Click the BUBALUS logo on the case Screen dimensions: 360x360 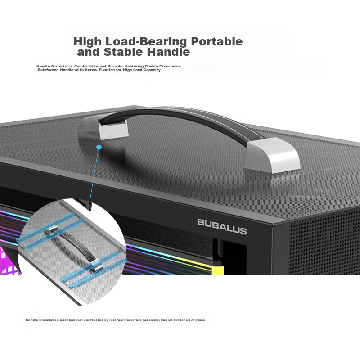(x=222, y=227)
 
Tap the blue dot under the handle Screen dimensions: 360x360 (x=99, y=147)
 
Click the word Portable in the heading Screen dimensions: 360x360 (x=217, y=41)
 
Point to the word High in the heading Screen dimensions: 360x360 (x=87, y=42)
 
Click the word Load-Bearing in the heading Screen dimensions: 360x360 (x=146, y=42)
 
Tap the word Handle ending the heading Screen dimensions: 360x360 (x=168, y=52)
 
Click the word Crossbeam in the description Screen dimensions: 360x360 (x=170, y=66)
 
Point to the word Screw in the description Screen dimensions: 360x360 (x=91, y=70)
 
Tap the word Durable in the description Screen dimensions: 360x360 (x=115, y=66)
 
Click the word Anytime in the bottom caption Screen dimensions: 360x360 (x=198, y=319)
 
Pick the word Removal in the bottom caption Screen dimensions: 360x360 (x=75, y=319)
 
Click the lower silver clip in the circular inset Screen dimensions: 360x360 (x=96, y=265)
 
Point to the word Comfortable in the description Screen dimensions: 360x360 (x=86, y=66)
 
